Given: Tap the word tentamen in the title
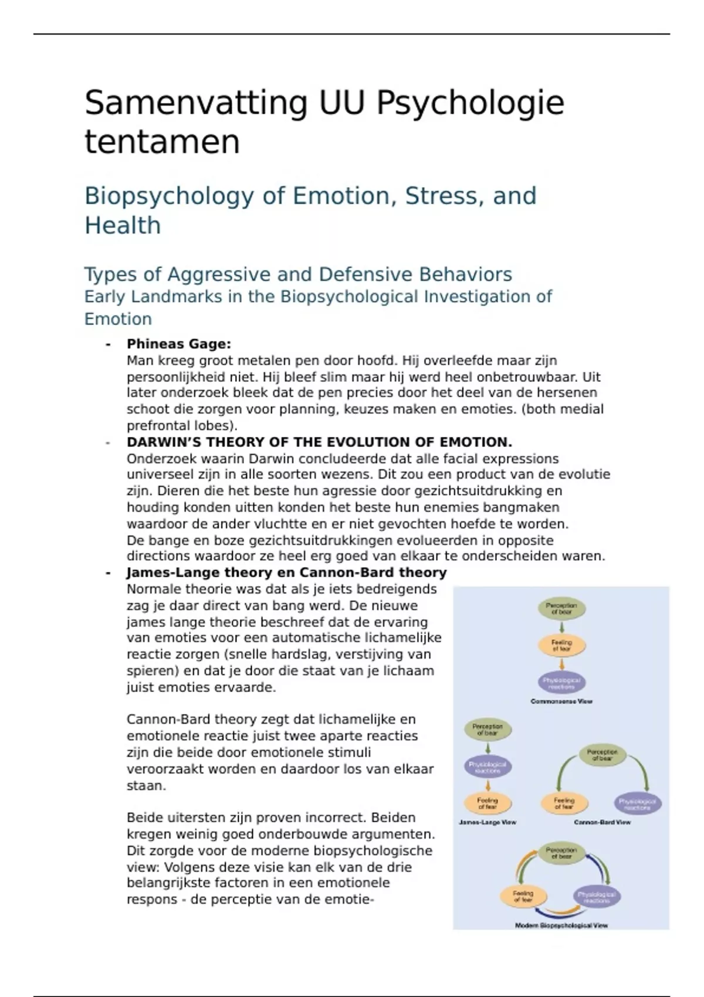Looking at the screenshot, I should pyautogui.click(x=162, y=143).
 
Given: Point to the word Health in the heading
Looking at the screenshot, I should pyautogui.click(x=123, y=225).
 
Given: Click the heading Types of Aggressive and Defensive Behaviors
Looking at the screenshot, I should pyautogui.click(x=298, y=274).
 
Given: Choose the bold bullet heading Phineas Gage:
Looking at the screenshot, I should pyautogui.click(x=179, y=344).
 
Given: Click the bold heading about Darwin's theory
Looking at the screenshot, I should pyautogui.click(x=319, y=442).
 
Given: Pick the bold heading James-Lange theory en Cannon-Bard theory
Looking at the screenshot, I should pyautogui.click(x=286, y=572).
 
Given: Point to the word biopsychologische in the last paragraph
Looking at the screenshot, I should pyautogui.click(x=373, y=850).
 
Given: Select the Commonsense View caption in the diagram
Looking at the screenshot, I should pyautogui.click(x=561, y=701).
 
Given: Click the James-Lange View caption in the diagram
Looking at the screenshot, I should pyautogui.click(x=488, y=822).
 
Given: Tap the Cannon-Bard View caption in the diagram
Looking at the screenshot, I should pyautogui.click(x=602, y=822).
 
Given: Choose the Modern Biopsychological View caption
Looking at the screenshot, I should pyautogui.click(x=561, y=925).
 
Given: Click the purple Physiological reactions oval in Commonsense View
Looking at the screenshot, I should pyautogui.click(x=561, y=683).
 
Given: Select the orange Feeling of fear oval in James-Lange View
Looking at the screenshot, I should pyautogui.click(x=488, y=803).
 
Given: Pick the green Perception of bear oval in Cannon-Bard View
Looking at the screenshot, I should pyautogui.click(x=602, y=755).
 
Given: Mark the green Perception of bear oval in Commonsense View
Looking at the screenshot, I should pyautogui.click(x=561, y=609).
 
